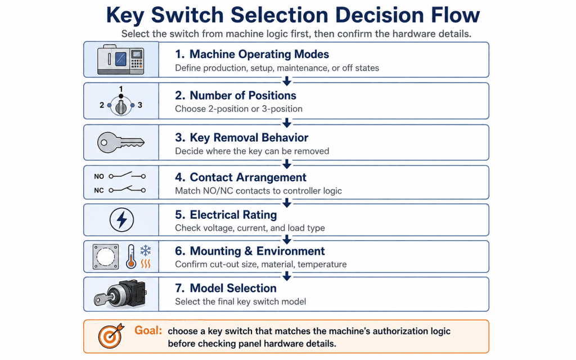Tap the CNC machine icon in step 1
(120, 60)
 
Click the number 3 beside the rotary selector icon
(140, 105)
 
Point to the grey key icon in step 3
(120, 142)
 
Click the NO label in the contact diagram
(99, 176)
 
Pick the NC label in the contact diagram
(99, 190)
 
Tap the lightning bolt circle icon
(121, 220)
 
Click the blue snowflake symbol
(146, 250)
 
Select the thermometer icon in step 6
(130, 256)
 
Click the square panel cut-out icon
(106, 256)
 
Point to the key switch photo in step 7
(120, 294)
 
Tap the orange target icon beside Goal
(111, 336)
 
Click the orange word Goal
(148, 330)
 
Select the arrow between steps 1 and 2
(287, 80)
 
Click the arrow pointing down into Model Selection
(287, 276)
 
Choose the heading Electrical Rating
(233, 214)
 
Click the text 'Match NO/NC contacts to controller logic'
(258, 191)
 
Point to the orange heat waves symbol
(146, 263)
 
